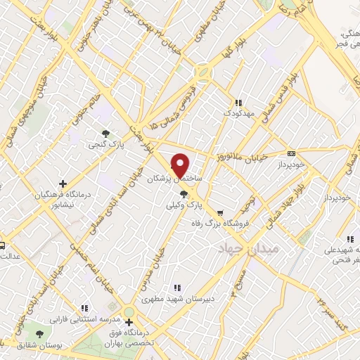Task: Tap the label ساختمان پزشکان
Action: [174, 179]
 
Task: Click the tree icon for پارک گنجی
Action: [105, 133]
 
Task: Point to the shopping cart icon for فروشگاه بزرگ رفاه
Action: [220, 213]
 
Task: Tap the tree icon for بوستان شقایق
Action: [39, 332]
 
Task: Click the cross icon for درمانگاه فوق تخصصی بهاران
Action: [128, 323]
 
